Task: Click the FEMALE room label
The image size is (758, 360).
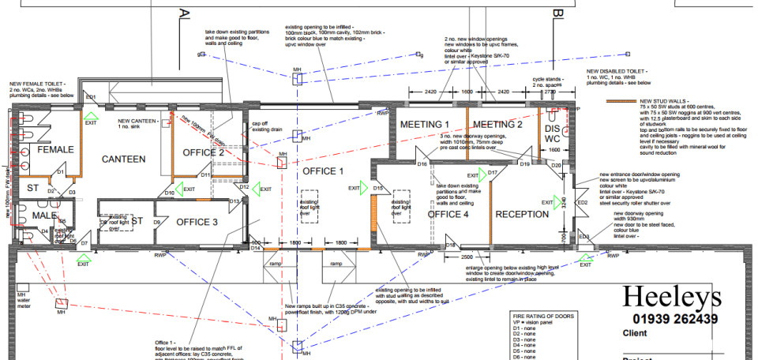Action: (55, 149)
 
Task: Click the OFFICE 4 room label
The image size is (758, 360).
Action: (448, 214)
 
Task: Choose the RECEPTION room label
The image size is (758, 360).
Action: (522, 214)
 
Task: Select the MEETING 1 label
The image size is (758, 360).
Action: (424, 125)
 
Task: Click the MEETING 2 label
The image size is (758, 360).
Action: (497, 125)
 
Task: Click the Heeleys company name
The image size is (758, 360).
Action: (671, 297)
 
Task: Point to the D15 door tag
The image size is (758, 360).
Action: (378, 189)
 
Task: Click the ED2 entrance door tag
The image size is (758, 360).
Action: (583, 203)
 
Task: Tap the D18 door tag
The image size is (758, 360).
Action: (450, 246)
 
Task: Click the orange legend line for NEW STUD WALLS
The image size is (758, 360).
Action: (622, 102)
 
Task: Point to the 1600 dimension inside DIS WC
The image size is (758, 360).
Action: (554, 149)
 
